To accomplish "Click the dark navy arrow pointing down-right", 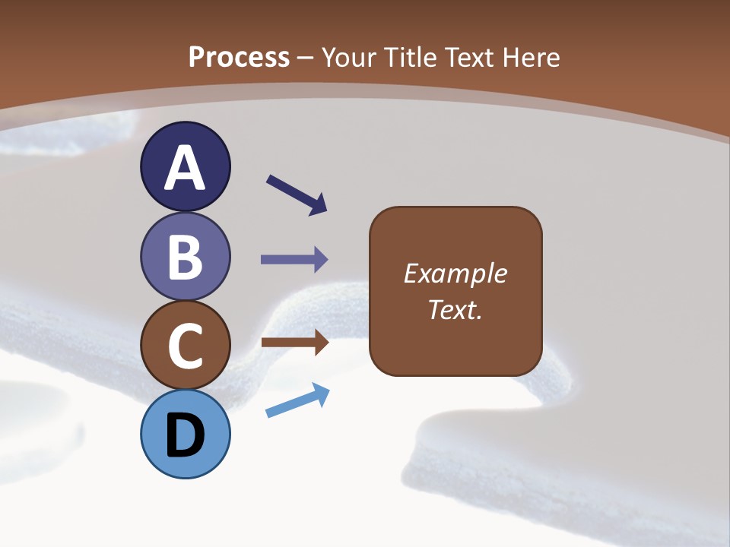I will pos(297,194).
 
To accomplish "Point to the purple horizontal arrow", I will pos(294,260).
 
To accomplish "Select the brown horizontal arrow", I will pos(294,343).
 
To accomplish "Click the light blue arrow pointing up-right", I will pos(297,400).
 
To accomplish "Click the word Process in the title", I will pos(239,57).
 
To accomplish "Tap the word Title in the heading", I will pos(409,57).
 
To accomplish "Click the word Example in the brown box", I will pos(455,273).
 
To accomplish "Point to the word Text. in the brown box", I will pos(455,309).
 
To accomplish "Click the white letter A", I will pos(185,169).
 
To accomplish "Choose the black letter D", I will pos(185,437).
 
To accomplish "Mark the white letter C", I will pos(185,346).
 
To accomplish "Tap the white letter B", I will pos(185,257).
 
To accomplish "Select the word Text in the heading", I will pos(466,57).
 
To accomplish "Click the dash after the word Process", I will pos(306,58).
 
